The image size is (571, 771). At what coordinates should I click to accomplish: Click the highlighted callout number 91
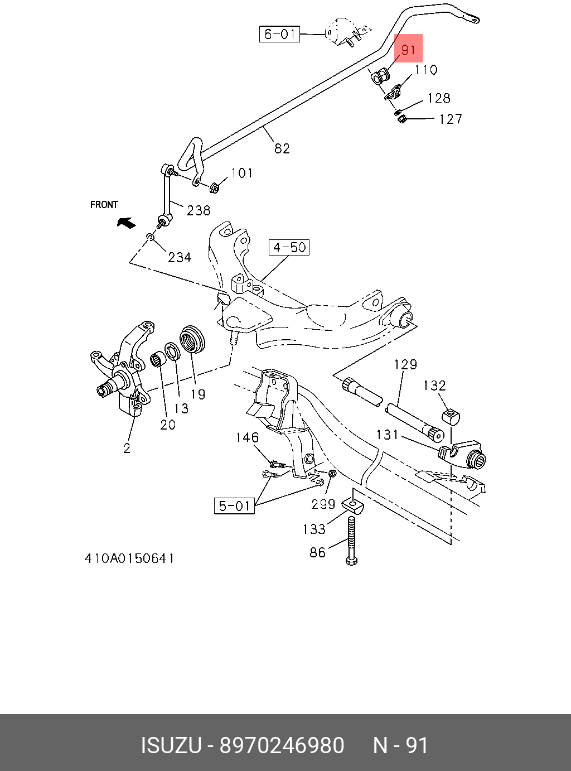tap(409, 49)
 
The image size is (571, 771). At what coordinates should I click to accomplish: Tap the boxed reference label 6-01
tap(279, 34)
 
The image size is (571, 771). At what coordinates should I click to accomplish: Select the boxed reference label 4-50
tap(289, 247)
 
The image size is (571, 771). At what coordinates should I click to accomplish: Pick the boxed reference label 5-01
tap(234, 506)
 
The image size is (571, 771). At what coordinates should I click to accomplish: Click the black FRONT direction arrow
tap(126, 223)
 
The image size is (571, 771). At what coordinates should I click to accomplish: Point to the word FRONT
tap(104, 205)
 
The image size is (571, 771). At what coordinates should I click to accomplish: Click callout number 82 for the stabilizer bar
tap(282, 148)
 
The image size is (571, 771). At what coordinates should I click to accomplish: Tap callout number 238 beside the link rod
tap(199, 210)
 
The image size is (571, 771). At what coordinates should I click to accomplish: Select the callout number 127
tap(451, 119)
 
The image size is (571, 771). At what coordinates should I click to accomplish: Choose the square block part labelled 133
tap(354, 505)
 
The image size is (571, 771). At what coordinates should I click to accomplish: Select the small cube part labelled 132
tap(451, 417)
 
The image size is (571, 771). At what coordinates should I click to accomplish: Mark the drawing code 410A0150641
tap(129, 558)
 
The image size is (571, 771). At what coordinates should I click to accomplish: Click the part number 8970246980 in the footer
tap(282, 745)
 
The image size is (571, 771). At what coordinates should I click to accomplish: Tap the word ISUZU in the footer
tap(171, 745)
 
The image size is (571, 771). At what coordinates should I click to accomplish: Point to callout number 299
tap(323, 504)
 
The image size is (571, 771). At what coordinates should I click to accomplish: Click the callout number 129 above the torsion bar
tap(405, 364)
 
